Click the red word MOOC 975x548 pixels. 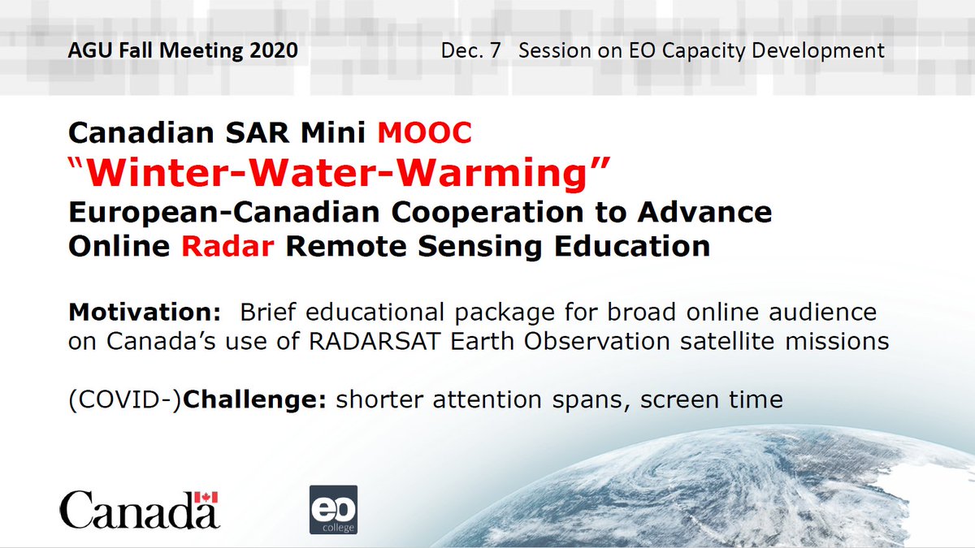point(425,132)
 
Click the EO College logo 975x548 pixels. point(333,509)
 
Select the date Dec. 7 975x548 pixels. point(470,50)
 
